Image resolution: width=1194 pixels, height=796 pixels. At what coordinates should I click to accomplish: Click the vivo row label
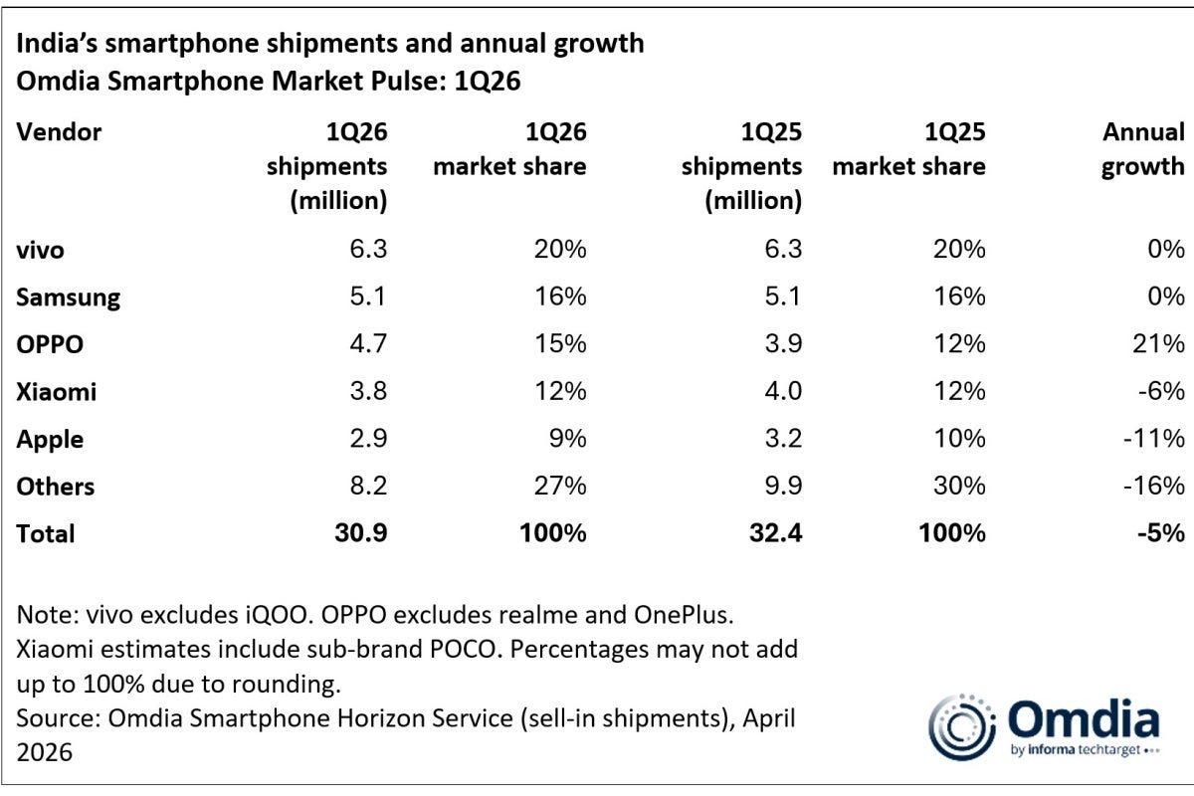point(40,251)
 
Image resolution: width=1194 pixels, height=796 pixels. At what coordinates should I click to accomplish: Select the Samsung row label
point(69,298)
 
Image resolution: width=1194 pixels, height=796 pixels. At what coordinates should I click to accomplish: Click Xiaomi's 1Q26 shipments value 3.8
point(364,392)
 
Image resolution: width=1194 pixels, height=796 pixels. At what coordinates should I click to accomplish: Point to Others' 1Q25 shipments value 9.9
point(778,487)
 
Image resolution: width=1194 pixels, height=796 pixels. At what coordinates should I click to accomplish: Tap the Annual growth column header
point(1142,149)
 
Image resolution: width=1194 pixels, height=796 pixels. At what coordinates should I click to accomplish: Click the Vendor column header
point(59,132)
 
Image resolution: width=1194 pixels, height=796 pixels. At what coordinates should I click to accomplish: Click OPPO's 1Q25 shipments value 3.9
point(779,344)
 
